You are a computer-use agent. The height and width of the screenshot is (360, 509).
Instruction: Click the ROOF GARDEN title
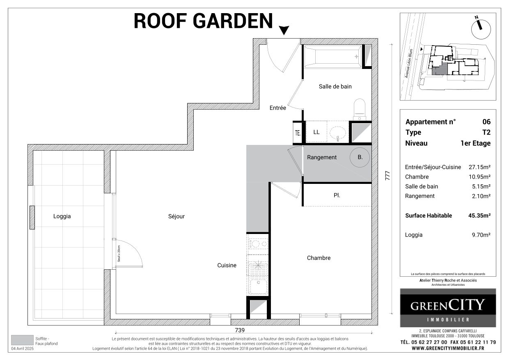pyautogui.click(x=203, y=21)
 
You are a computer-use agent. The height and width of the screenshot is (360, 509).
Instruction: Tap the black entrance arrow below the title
pyautogui.click(x=284, y=30)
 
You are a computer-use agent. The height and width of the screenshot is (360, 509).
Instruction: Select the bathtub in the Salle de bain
pyautogui.click(x=332, y=57)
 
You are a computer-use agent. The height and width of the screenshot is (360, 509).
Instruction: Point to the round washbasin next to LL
pyautogui.click(x=338, y=132)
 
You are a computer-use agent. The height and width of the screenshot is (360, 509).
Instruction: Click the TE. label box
pyautogui.click(x=298, y=133)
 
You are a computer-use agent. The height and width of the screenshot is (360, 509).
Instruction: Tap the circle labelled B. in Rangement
pyautogui.click(x=360, y=157)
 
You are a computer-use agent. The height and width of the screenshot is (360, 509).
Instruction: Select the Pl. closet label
pyautogui.click(x=337, y=196)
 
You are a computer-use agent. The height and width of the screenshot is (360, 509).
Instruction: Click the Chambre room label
pyautogui.click(x=319, y=258)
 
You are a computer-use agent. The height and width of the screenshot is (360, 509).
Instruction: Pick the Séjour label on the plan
pyautogui.click(x=177, y=216)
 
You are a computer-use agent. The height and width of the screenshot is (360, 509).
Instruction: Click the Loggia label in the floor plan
pyautogui.click(x=62, y=216)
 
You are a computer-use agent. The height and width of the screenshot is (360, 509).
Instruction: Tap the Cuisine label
pyautogui.click(x=227, y=265)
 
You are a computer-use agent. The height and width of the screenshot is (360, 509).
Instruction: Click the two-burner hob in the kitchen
pyautogui.click(x=257, y=244)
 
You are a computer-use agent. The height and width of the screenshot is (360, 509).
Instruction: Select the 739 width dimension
pyautogui.click(x=240, y=330)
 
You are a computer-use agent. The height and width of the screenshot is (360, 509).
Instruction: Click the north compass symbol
pyautogui.click(x=478, y=25)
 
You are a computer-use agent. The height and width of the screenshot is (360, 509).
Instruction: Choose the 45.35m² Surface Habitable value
pyautogui.click(x=479, y=216)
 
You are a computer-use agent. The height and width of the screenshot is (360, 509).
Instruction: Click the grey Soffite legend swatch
pyautogui.click(x=22, y=340)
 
